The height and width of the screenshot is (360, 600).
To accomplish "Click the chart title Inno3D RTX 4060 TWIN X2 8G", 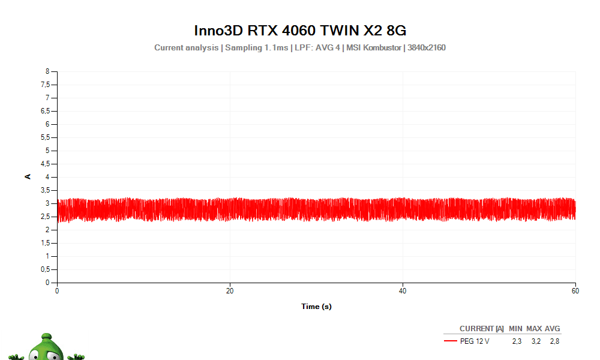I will click(300, 30).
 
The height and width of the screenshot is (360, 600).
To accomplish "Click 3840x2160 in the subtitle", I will click(427, 47).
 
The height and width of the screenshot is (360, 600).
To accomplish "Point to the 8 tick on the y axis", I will click(47, 71).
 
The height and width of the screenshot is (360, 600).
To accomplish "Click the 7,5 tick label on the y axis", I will click(44, 85).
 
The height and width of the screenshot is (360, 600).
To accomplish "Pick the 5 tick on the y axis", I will click(47, 151).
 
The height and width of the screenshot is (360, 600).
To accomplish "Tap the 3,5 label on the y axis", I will click(44, 190).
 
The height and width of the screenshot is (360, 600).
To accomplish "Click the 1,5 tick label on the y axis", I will click(44, 243).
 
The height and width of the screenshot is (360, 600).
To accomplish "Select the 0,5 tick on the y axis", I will click(44, 269).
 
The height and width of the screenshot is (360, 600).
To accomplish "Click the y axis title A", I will click(28, 176).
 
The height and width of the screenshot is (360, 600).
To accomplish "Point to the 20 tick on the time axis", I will click(230, 291).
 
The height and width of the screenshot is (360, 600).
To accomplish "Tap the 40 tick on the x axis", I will click(403, 291).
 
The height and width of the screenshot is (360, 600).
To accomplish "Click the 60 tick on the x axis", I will click(575, 291).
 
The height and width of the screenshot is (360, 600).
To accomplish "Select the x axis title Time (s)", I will click(316, 307).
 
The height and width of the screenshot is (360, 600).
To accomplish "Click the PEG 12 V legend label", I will click(475, 341).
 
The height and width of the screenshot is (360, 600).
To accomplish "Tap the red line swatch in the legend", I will click(451, 341).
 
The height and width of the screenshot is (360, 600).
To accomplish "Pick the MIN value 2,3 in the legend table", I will click(517, 341).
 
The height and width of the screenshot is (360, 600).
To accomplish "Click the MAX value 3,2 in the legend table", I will click(536, 341).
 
